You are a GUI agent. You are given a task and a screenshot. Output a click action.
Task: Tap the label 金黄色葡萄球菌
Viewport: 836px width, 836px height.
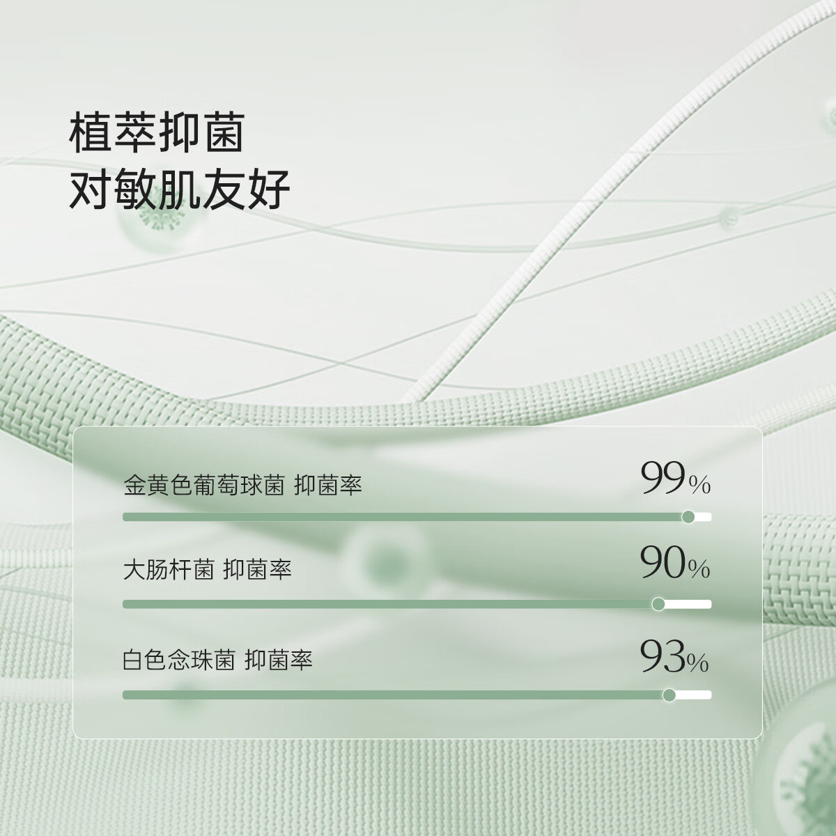click(203, 485)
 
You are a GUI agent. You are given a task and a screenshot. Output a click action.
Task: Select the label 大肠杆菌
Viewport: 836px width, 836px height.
click(168, 571)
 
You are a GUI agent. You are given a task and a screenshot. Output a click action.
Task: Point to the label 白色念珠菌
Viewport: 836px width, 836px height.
click(178, 659)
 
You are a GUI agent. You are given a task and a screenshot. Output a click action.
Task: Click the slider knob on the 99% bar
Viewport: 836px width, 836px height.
click(688, 517)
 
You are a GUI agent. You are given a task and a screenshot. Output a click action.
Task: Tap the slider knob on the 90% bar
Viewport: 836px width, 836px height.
click(658, 604)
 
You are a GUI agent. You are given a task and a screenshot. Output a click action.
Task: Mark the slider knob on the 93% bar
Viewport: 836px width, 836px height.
click(669, 695)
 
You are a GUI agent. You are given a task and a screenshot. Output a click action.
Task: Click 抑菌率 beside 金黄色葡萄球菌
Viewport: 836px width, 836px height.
click(328, 485)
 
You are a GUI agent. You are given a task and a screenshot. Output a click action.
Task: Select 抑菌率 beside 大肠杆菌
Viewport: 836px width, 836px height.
click(257, 571)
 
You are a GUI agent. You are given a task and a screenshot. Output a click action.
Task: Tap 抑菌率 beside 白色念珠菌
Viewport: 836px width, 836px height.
click(279, 659)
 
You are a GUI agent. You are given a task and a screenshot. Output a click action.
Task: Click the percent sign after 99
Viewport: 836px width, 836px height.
click(699, 486)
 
